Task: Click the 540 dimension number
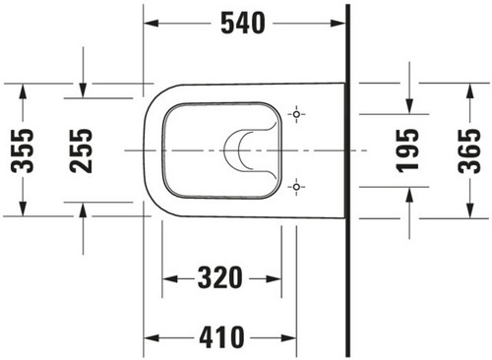click(243, 23)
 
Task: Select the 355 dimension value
click(23, 150)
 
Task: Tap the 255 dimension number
click(81, 150)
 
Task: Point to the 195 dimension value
click(407, 150)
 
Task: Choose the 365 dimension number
click(469, 150)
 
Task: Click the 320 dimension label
click(220, 278)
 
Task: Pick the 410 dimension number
click(222, 337)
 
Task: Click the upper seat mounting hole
click(296, 114)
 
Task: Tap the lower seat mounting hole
click(296, 187)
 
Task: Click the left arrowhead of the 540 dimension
click(152, 24)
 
